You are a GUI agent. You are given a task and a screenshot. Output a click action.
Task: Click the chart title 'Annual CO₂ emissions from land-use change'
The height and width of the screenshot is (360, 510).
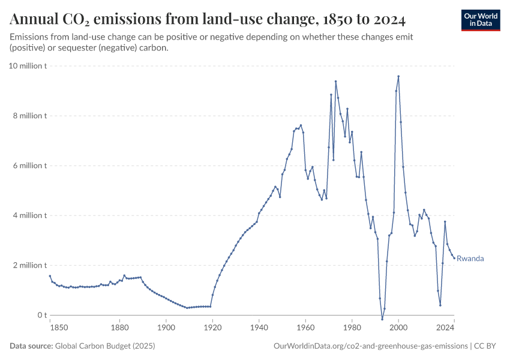[208, 20]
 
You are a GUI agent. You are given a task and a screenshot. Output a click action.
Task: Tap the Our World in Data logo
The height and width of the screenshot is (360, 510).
[481, 19]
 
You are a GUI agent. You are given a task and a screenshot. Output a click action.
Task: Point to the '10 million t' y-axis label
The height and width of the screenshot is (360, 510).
[28, 65]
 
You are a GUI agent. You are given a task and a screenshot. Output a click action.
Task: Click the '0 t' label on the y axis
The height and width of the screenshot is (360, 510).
[41, 315]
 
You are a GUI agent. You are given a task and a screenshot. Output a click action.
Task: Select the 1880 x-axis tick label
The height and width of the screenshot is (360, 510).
[119, 328]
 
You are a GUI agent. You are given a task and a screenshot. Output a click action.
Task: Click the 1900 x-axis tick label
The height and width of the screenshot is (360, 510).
[166, 328]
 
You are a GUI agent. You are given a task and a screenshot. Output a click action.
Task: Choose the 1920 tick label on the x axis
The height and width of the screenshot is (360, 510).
[212, 328]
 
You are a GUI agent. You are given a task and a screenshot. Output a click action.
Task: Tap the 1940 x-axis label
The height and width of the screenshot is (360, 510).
[259, 328]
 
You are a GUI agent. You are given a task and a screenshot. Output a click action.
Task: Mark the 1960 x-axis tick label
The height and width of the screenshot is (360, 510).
[305, 328]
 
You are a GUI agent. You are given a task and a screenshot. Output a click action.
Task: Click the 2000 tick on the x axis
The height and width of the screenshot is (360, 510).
[398, 328]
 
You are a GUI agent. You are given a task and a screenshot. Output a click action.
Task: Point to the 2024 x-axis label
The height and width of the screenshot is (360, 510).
[446, 328]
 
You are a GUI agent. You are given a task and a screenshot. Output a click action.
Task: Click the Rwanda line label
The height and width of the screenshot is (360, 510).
[470, 259]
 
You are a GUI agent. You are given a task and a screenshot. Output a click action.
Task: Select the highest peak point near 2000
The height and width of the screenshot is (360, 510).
[398, 76]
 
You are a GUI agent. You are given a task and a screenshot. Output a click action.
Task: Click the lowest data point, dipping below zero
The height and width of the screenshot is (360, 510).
[382, 319]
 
